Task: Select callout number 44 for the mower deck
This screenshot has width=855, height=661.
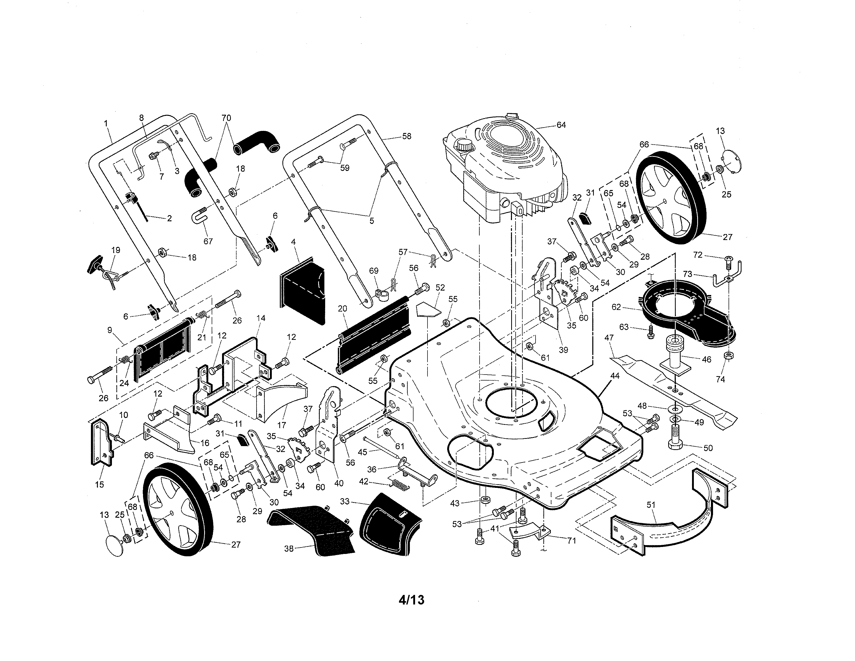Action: click(x=615, y=376)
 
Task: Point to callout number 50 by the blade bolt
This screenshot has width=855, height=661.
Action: click(x=708, y=448)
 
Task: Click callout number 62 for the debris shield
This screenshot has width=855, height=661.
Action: click(x=616, y=307)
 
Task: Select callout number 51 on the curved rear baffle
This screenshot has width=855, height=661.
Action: click(x=651, y=505)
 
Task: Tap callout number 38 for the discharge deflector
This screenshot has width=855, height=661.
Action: click(x=289, y=549)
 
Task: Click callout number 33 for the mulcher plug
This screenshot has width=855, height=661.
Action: click(x=345, y=501)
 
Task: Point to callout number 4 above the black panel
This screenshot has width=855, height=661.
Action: click(x=293, y=242)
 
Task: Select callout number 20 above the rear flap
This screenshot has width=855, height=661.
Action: click(x=342, y=308)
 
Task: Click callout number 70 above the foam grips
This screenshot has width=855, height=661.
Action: click(x=226, y=118)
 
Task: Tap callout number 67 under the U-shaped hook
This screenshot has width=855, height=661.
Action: click(x=208, y=241)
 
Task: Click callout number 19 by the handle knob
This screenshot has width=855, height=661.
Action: click(x=116, y=250)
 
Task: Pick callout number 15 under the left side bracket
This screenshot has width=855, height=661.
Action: click(x=99, y=484)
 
